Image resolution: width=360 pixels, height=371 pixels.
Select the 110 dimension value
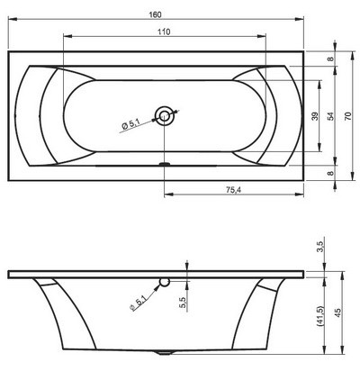pos(163,31)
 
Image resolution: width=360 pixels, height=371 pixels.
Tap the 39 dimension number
pos(314,117)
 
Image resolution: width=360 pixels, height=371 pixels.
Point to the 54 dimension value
pos(331,117)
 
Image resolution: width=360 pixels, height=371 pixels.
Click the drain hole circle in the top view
pos(165,114)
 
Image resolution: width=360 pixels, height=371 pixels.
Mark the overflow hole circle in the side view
pos(164,283)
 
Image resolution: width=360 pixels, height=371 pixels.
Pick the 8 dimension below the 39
pos(332,174)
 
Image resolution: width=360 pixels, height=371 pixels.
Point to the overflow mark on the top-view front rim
pos(164,164)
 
